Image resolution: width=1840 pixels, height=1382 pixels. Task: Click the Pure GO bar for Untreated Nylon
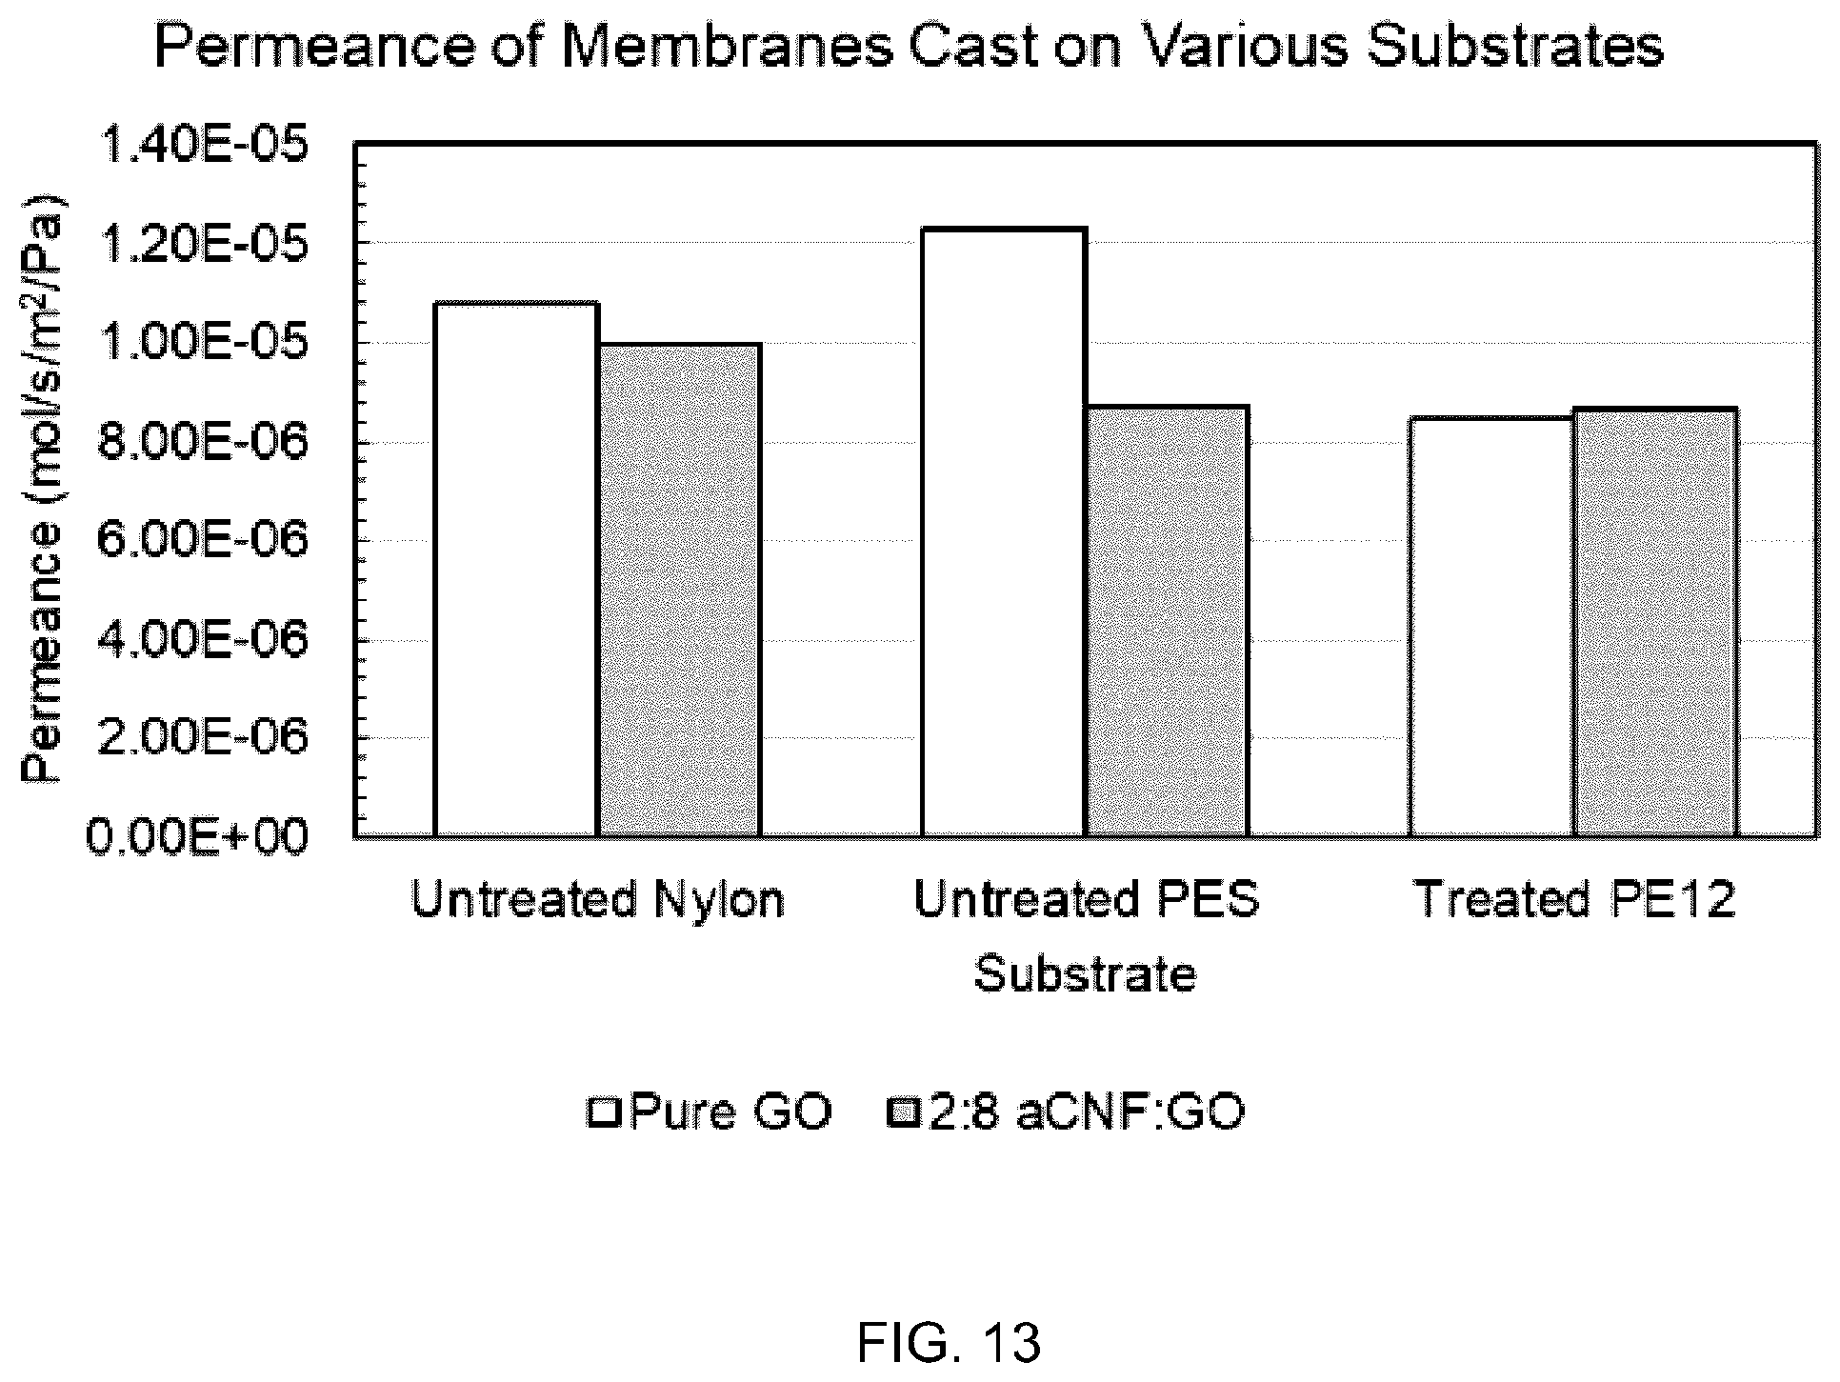pos(516,570)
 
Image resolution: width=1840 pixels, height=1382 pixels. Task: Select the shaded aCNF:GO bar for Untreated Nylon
pos(679,591)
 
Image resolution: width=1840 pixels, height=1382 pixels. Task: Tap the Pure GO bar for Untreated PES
pos(1004,532)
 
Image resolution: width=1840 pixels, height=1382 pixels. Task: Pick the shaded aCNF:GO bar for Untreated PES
pos(1167,622)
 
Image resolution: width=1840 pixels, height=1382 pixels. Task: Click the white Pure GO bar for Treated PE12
pos(1491,628)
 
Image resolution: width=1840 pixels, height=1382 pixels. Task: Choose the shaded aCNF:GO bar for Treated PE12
pos(1655,623)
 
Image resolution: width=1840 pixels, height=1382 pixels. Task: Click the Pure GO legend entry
pos(710,1112)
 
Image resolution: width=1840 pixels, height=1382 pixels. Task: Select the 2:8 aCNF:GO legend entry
pos(1066,1112)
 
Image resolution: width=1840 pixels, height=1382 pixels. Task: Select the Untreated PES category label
pos(1087,900)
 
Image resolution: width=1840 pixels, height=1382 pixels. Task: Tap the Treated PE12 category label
pos(1575,900)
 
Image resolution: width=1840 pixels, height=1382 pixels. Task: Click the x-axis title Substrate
pos(1085,974)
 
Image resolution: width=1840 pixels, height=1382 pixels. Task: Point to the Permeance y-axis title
pos(44,490)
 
